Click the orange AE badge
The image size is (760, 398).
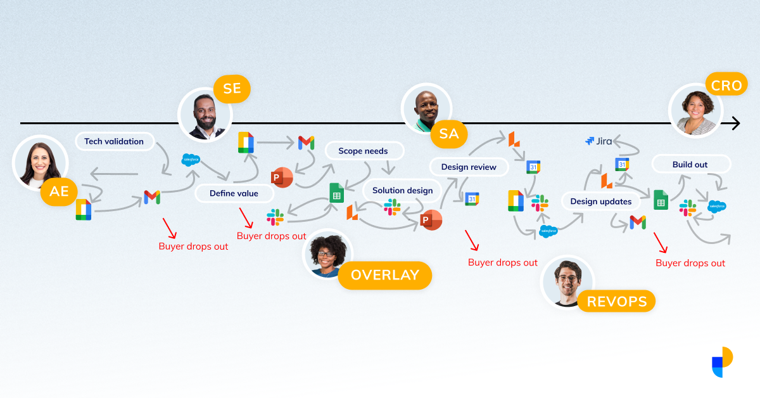point(59,191)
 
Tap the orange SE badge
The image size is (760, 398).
point(232,88)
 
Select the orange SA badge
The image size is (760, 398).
point(449,134)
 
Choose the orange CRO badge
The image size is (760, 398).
point(726,86)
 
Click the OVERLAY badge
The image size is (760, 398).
point(384,275)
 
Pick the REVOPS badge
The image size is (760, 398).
point(617,302)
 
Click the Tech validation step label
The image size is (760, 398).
point(115,141)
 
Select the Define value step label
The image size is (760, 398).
point(234,193)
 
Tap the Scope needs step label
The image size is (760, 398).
point(363,151)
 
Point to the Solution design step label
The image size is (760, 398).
point(402,190)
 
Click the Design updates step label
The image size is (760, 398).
point(600,202)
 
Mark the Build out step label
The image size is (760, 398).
point(690,165)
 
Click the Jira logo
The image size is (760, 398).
point(598,141)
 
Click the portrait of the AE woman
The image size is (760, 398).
point(39,162)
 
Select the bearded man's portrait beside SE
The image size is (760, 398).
point(205,115)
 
